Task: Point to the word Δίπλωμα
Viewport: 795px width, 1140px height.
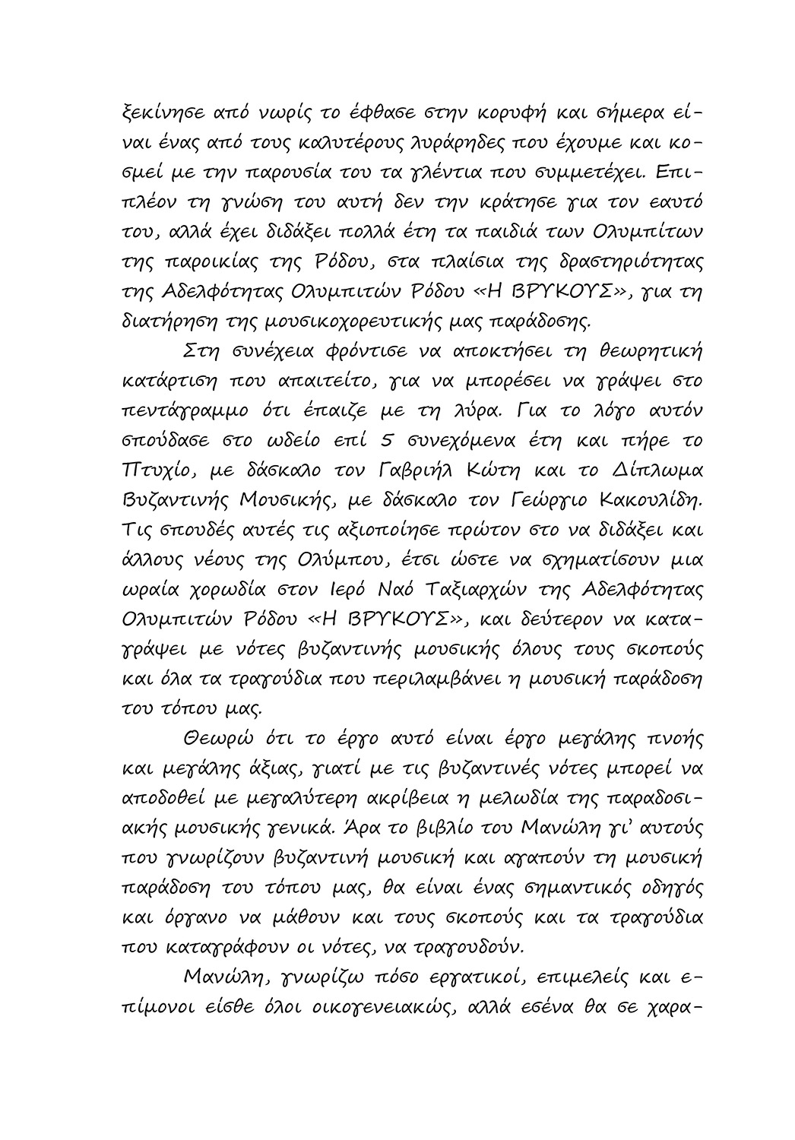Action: [655, 470]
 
